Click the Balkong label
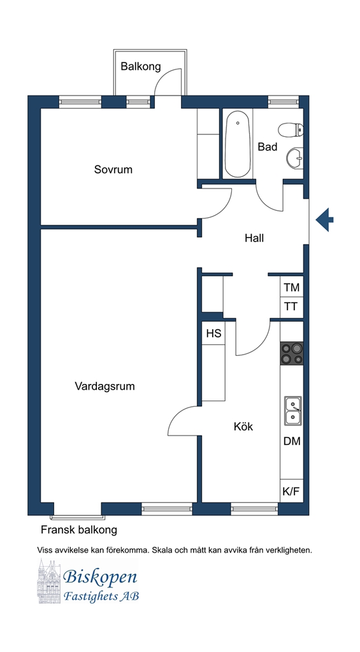pyautogui.click(x=141, y=66)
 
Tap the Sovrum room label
pyautogui.click(x=113, y=169)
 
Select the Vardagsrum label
pyautogui.click(x=105, y=386)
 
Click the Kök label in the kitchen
pyautogui.click(x=243, y=426)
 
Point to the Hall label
pyautogui.click(x=254, y=238)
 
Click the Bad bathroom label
pyautogui.click(x=268, y=147)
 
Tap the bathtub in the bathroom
pyautogui.click(x=238, y=144)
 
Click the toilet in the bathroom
pyautogui.click(x=292, y=130)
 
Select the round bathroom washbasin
pyautogui.click(x=295, y=159)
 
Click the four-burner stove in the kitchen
pyautogui.click(x=291, y=353)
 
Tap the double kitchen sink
pyautogui.click(x=293, y=411)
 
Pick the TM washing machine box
pyautogui.click(x=291, y=287)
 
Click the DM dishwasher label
pyautogui.click(x=292, y=441)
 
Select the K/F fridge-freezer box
pyautogui.click(x=291, y=492)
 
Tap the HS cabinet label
pyautogui.click(x=214, y=334)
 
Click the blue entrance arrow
pyautogui.click(x=324, y=219)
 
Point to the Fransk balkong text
pyautogui.click(x=78, y=530)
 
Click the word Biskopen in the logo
pyautogui.click(x=100, y=577)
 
